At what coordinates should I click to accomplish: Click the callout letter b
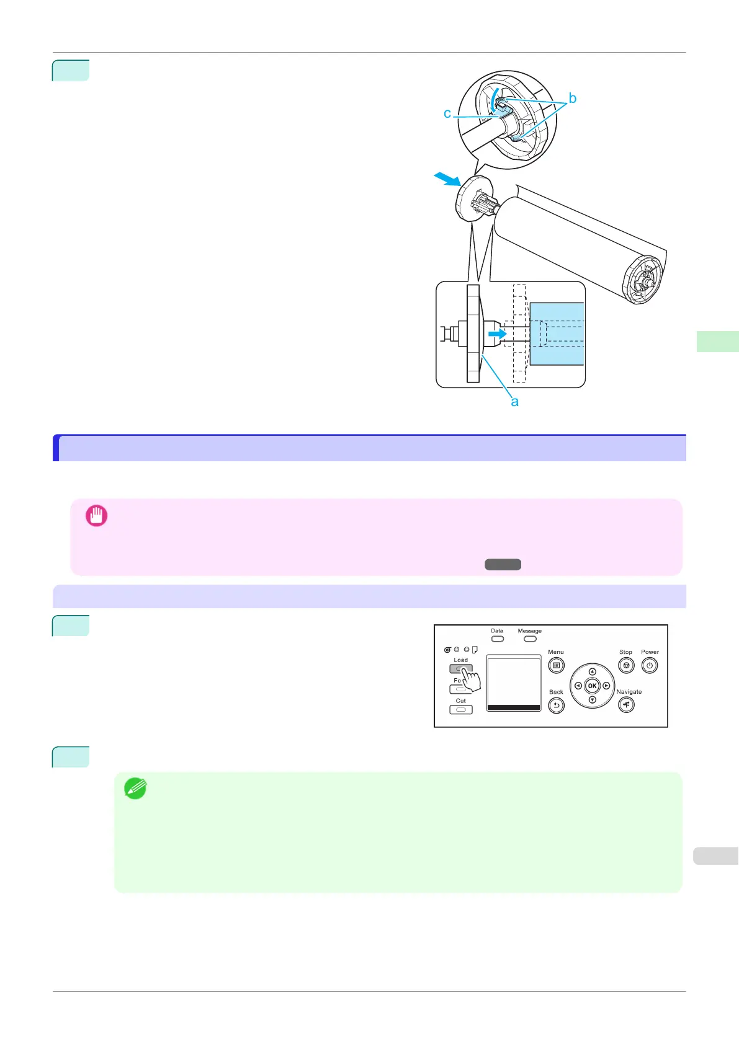click(572, 99)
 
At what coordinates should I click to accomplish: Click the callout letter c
click(447, 113)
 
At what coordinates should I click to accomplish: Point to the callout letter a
click(514, 402)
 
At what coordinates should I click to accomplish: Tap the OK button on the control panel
click(592, 686)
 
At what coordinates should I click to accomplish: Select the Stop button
click(626, 666)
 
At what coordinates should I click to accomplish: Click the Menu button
click(556, 666)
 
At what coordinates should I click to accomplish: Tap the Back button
click(556, 706)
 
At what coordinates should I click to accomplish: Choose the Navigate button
click(626, 705)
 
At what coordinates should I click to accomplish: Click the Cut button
click(460, 709)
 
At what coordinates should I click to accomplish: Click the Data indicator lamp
click(497, 639)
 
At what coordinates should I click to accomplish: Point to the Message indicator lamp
click(529, 639)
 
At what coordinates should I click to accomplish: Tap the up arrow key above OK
click(592, 671)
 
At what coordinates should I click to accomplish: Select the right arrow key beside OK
click(606, 686)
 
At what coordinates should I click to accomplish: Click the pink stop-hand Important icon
click(96, 515)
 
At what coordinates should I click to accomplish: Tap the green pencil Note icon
click(135, 788)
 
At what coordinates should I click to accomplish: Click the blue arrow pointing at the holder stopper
click(447, 180)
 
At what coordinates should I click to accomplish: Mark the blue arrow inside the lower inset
click(497, 334)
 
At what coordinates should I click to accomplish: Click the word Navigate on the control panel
click(629, 692)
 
